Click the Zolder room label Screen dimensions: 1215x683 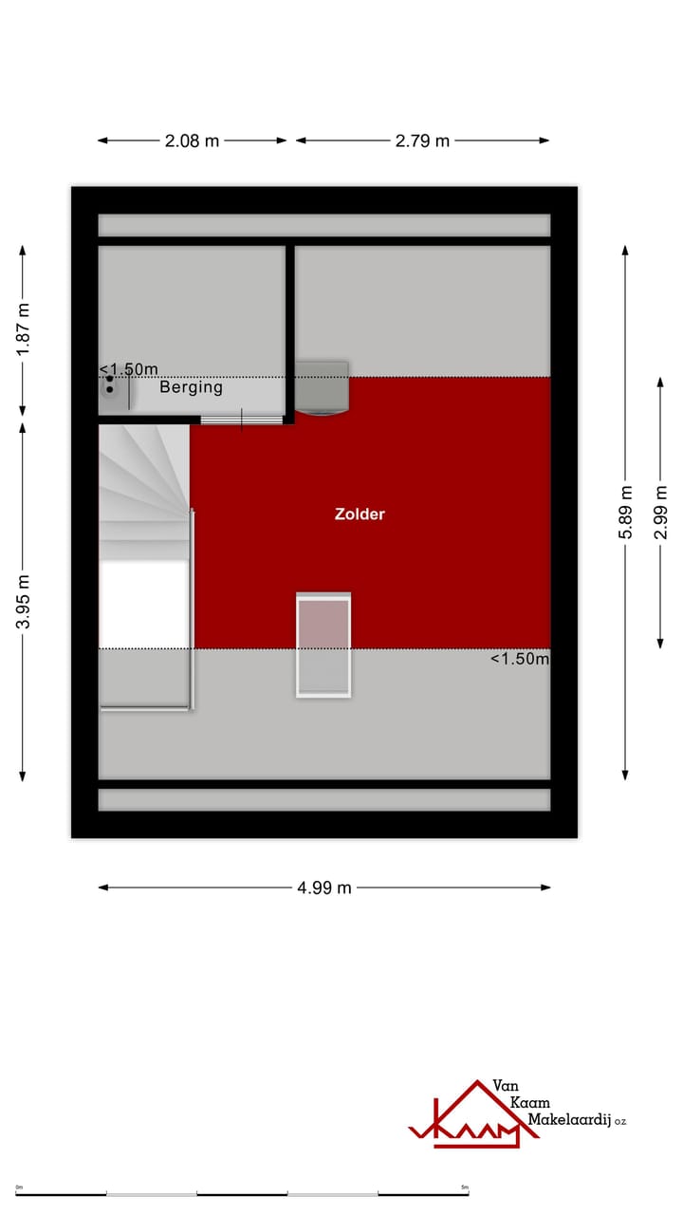pyautogui.click(x=360, y=514)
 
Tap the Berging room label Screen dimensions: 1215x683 pyautogui.click(x=191, y=387)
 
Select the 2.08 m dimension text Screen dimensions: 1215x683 pyautogui.click(x=192, y=140)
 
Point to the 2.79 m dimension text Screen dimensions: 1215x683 pyautogui.click(x=422, y=140)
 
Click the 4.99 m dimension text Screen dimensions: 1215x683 pyautogui.click(x=324, y=888)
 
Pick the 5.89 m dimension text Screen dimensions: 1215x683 pyautogui.click(x=626, y=513)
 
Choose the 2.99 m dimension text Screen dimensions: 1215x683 pyautogui.click(x=660, y=513)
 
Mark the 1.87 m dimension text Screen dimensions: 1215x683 pyautogui.click(x=23, y=329)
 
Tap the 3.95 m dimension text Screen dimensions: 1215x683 pyautogui.click(x=23, y=601)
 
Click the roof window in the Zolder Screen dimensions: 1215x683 pyautogui.click(x=323, y=645)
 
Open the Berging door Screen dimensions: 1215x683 pyautogui.click(x=242, y=420)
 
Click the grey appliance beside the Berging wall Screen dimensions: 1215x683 pyautogui.click(x=322, y=387)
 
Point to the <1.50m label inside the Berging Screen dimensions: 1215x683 pyautogui.click(x=129, y=369)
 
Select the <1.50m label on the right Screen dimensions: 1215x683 pyautogui.click(x=520, y=659)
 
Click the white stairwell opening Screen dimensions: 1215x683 pyautogui.click(x=144, y=604)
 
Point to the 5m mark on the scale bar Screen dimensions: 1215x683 pyautogui.click(x=464, y=1187)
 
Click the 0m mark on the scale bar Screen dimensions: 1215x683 pyautogui.click(x=19, y=1187)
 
